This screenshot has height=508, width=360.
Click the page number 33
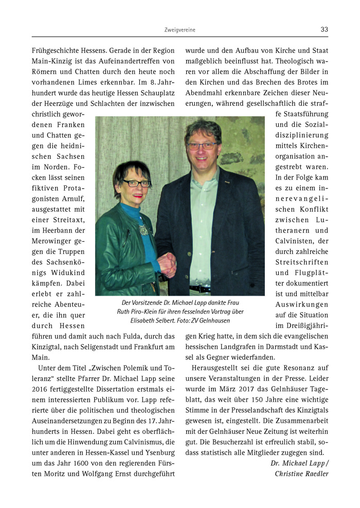point(324,29)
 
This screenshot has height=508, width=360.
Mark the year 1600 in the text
point(78,462)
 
